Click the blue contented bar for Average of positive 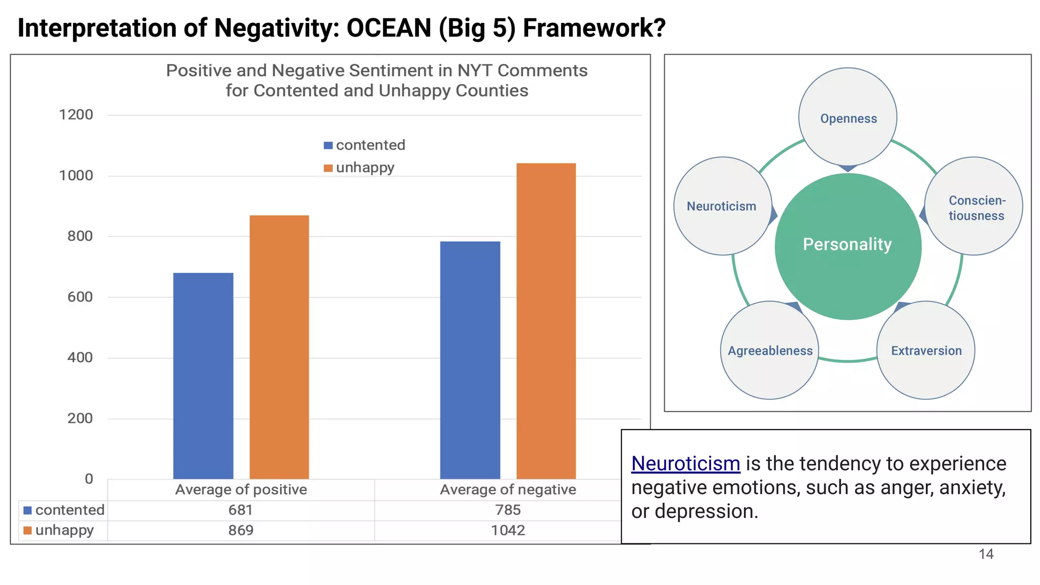click(x=203, y=376)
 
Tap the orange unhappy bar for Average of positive click(x=279, y=347)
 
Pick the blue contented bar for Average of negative click(x=470, y=360)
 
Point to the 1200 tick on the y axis click(x=76, y=115)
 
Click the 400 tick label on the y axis click(x=80, y=357)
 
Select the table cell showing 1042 click(x=507, y=530)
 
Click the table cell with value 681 click(x=240, y=510)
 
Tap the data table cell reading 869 click(x=240, y=530)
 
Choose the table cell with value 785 click(x=507, y=510)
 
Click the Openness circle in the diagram click(x=848, y=117)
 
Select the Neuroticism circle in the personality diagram click(x=722, y=206)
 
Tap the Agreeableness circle click(x=769, y=350)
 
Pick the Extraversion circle click(x=926, y=350)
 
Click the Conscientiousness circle click(x=974, y=207)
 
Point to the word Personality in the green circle click(x=847, y=244)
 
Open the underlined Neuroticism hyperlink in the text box click(x=686, y=464)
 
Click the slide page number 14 click(x=986, y=554)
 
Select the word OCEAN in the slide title click(x=388, y=28)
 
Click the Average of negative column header click(x=507, y=490)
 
